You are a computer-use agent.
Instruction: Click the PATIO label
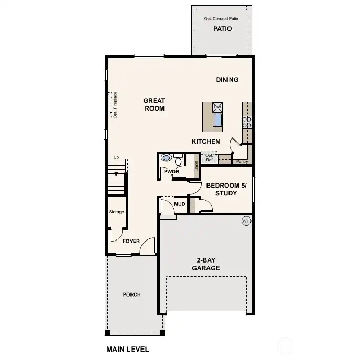(x=222, y=29)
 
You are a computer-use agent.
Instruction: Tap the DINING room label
(x=227, y=80)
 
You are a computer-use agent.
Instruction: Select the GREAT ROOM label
(x=155, y=104)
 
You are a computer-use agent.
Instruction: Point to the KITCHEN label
(x=205, y=141)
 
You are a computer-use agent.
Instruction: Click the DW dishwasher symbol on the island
(x=217, y=107)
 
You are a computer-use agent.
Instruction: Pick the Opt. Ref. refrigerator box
(x=210, y=157)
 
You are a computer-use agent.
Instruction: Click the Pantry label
(x=242, y=162)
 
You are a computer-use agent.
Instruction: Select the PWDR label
(x=171, y=171)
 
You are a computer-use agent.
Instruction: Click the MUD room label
(x=179, y=204)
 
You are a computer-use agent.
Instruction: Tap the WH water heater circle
(x=246, y=221)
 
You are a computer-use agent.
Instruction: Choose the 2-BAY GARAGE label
(x=208, y=264)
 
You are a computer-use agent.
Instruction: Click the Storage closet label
(x=116, y=212)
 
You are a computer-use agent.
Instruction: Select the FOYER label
(x=131, y=241)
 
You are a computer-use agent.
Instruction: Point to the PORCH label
(x=132, y=294)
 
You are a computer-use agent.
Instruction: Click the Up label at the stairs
(x=116, y=157)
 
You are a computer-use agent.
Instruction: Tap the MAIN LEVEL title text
(x=127, y=349)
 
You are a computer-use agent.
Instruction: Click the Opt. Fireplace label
(x=115, y=105)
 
